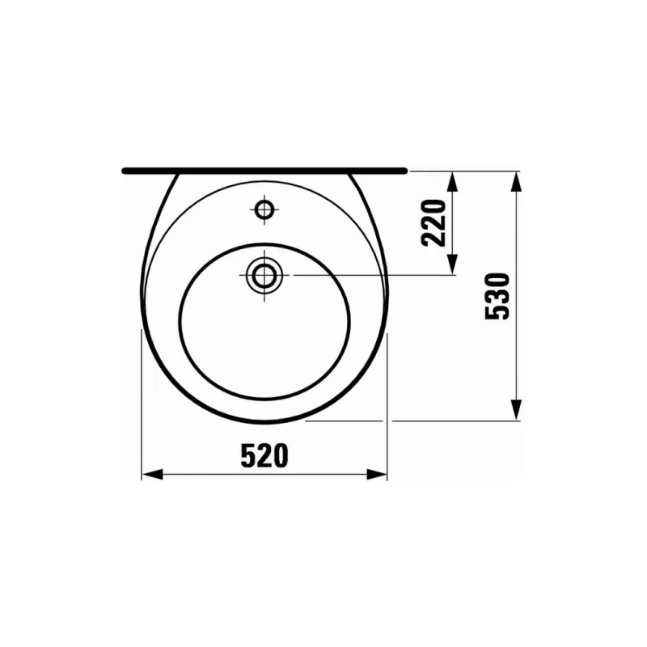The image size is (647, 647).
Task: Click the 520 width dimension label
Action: click(x=264, y=457)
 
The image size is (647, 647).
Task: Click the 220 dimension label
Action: click(x=435, y=222)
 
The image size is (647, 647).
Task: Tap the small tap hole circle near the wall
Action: click(x=264, y=210)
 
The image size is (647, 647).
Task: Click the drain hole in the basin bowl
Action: click(x=264, y=275)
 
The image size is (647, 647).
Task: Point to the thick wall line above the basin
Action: click(x=264, y=171)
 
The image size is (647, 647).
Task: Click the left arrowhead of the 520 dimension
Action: click(x=150, y=475)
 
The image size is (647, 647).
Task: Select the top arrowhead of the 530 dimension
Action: click(x=515, y=180)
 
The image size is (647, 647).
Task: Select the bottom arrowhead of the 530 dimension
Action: click(x=515, y=412)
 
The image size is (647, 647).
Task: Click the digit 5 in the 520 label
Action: click(x=247, y=457)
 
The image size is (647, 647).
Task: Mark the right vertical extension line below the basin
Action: click(x=387, y=404)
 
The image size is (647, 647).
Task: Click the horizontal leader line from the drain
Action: click(x=364, y=275)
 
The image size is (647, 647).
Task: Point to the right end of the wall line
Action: click(x=405, y=171)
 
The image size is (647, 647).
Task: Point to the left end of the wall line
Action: click(x=124, y=171)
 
